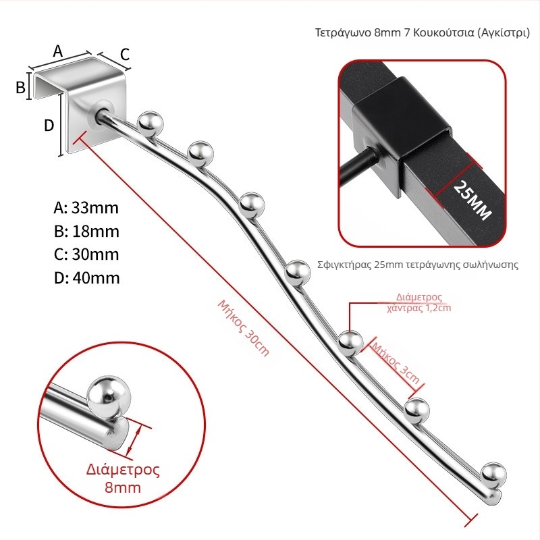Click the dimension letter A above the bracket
coord(58,51)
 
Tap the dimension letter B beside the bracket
coord(21,87)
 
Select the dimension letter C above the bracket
coord(125,55)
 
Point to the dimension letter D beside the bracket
coord(49,126)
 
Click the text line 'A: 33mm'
coord(86,208)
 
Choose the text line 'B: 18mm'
coord(86,232)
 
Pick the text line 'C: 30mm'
coord(86,254)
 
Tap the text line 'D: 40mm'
coord(87,278)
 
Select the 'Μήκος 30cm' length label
coord(244,327)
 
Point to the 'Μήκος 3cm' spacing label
coord(396,363)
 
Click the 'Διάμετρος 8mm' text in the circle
coord(123,479)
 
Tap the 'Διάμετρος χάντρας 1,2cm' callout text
coord(418,302)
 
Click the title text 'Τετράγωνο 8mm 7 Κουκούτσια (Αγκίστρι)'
coord(423,32)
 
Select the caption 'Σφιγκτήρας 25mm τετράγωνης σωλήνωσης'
coord(418,265)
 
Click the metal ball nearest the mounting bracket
coord(150,124)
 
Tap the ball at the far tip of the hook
coord(494,475)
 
